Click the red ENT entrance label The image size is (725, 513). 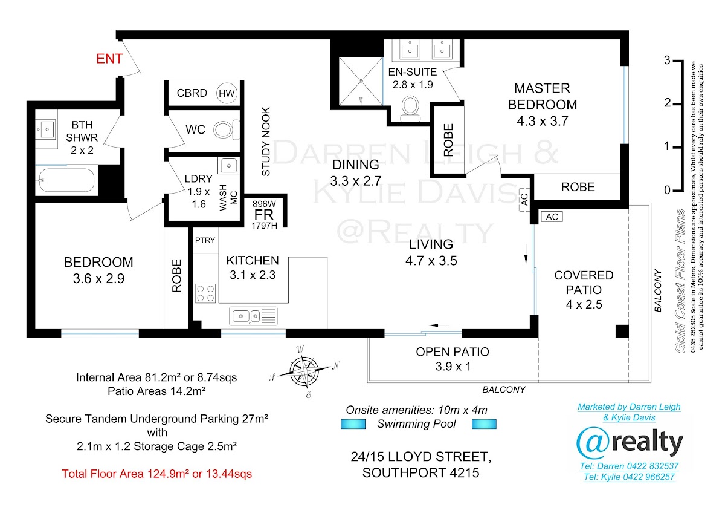pos(109,59)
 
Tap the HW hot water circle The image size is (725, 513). pos(227,93)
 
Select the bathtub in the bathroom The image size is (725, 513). pos(66,180)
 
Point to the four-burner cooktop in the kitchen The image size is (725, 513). pos(205,293)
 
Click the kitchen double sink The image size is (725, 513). pos(253,316)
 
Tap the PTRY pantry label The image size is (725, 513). pos(205,240)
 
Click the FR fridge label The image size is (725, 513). pos(264,215)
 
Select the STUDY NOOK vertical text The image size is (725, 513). pos(266,142)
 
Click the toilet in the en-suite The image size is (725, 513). pos(410,108)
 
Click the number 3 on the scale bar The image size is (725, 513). pos(667,60)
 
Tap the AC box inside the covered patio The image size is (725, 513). pos(552,217)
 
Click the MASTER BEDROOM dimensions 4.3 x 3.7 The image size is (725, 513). pos(543,121)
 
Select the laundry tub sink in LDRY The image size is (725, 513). pos(229,166)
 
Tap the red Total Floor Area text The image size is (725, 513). pos(156,474)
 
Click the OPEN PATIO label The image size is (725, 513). pos(452,351)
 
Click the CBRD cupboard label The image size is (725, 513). pos(192,93)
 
